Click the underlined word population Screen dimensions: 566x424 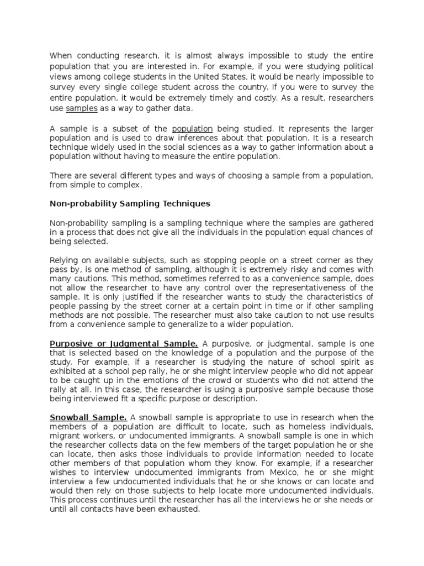pos(192,128)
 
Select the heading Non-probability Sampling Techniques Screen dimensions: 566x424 pos(130,203)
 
